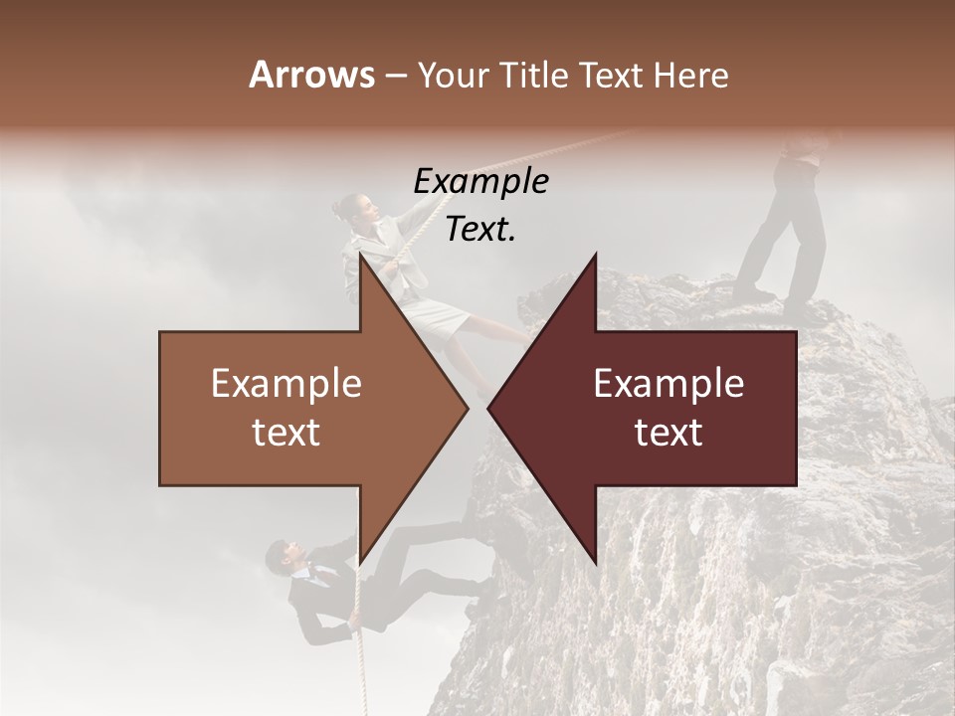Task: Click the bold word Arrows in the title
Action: tap(311, 75)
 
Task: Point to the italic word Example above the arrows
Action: tap(480, 182)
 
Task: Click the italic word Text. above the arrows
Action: tap(480, 230)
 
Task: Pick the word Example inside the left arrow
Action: tap(286, 384)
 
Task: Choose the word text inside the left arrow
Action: tap(286, 433)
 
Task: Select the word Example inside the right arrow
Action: tap(668, 384)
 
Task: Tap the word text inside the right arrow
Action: tap(668, 433)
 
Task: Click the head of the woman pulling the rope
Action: tap(356, 210)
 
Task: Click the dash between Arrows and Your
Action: tap(394, 76)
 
